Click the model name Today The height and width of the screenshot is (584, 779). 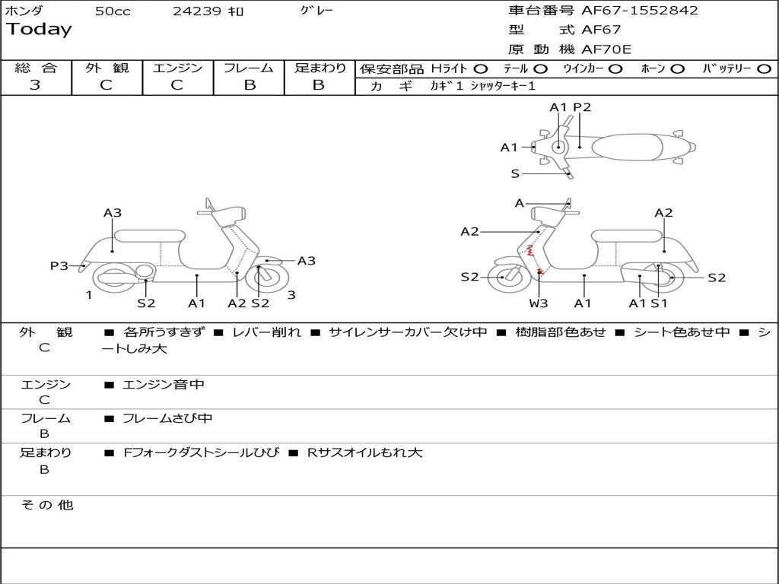(39, 30)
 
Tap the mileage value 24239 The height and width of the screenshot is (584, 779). (197, 11)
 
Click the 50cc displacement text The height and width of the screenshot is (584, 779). (113, 11)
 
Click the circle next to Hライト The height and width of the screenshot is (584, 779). (481, 68)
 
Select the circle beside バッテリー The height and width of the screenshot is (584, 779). (764, 68)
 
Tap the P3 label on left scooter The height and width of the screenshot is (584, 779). (59, 265)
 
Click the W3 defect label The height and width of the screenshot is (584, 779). (539, 303)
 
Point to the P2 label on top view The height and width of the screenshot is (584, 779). (582, 107)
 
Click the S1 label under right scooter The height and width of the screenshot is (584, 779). (659, 303)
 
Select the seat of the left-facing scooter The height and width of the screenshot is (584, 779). (150, 236)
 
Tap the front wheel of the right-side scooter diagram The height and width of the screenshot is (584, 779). (504, 278)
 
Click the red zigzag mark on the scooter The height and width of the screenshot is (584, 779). (531, 249)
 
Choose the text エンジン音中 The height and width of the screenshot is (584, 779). (164, 385)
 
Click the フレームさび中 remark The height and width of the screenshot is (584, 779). (167, 418)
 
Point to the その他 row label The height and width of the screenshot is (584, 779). (46, 505)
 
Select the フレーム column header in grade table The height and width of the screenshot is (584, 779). (249, 68)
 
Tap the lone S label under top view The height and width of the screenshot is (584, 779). (515, 173)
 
